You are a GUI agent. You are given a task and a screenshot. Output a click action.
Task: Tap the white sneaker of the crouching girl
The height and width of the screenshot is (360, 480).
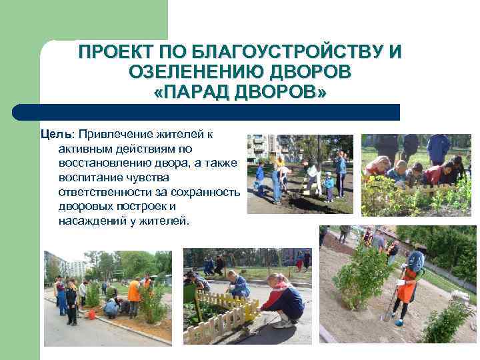(x=282, y=323)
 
